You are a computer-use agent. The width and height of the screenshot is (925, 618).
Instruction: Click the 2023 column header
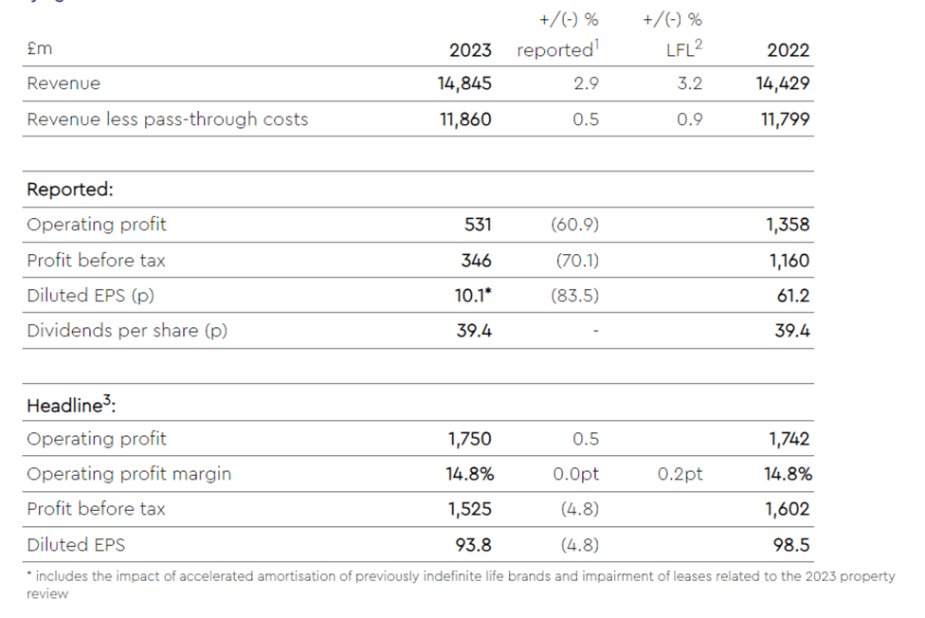point(470,50)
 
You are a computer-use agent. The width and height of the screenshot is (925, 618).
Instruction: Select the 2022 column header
point(788,50)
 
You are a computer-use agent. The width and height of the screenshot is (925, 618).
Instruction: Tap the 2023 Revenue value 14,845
point(464,83)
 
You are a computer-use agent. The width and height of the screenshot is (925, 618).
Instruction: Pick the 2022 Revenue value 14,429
point(783,83)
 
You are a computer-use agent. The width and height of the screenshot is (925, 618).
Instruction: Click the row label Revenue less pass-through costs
point(167,119)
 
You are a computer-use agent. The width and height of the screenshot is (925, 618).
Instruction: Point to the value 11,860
point(465,119)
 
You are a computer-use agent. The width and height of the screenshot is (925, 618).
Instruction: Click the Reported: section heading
point(70,190)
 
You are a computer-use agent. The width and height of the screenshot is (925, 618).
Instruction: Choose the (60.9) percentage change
point(574,225)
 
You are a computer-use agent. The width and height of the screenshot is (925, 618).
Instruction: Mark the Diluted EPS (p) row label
point(90,296)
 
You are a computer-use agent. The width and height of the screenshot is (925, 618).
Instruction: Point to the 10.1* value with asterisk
point(472,296)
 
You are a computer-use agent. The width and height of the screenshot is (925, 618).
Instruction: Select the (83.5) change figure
point(574,296)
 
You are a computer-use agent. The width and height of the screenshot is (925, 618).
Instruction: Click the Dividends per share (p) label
point(127,331)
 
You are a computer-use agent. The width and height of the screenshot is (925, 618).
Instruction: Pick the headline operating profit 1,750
point(469,439)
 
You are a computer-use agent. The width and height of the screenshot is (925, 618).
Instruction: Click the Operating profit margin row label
point(129,474)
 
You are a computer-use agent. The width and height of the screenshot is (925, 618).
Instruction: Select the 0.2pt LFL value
point(680,474)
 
